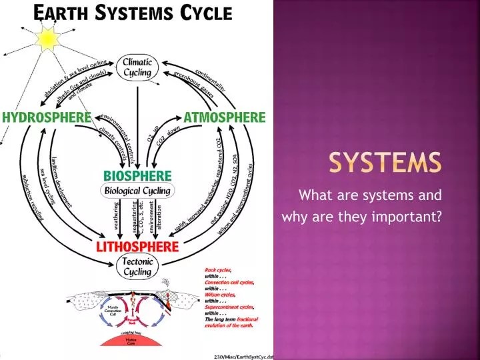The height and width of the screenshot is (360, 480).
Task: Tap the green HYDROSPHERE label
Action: click(x=46, y=117)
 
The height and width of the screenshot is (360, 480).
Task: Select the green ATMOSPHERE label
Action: click(x=223, y=117)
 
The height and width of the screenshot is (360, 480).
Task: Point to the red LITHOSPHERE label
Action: click(x=137, y=247)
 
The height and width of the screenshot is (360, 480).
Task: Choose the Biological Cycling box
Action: click(x=137, y=191)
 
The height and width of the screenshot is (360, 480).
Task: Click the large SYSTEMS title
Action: click(x=385, y=162)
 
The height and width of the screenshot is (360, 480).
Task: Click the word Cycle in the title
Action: click(x=206, y=13)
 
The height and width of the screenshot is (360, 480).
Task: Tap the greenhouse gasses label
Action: click(x=193, y=84)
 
